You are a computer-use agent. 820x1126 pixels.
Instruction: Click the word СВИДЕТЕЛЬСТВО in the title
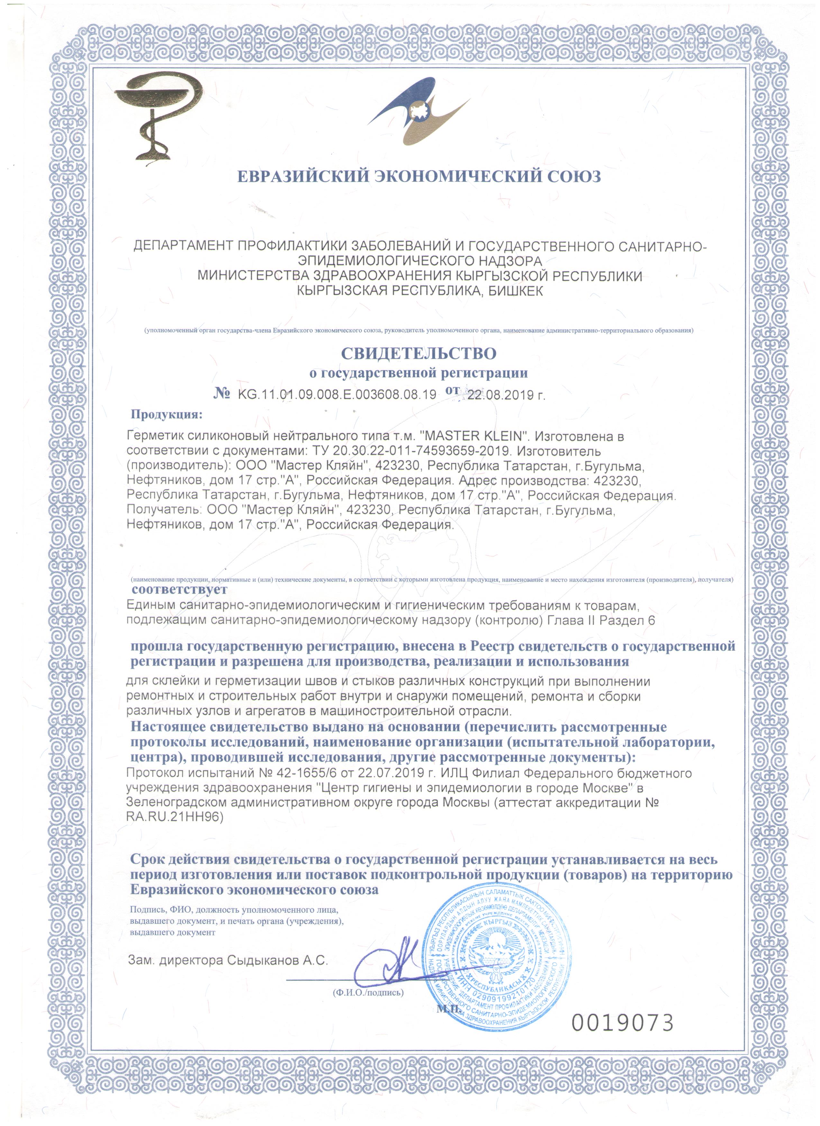point(418,353)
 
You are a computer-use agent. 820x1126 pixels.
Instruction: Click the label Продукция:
point(166,414)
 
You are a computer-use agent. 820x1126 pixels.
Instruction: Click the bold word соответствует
point(179,590)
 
